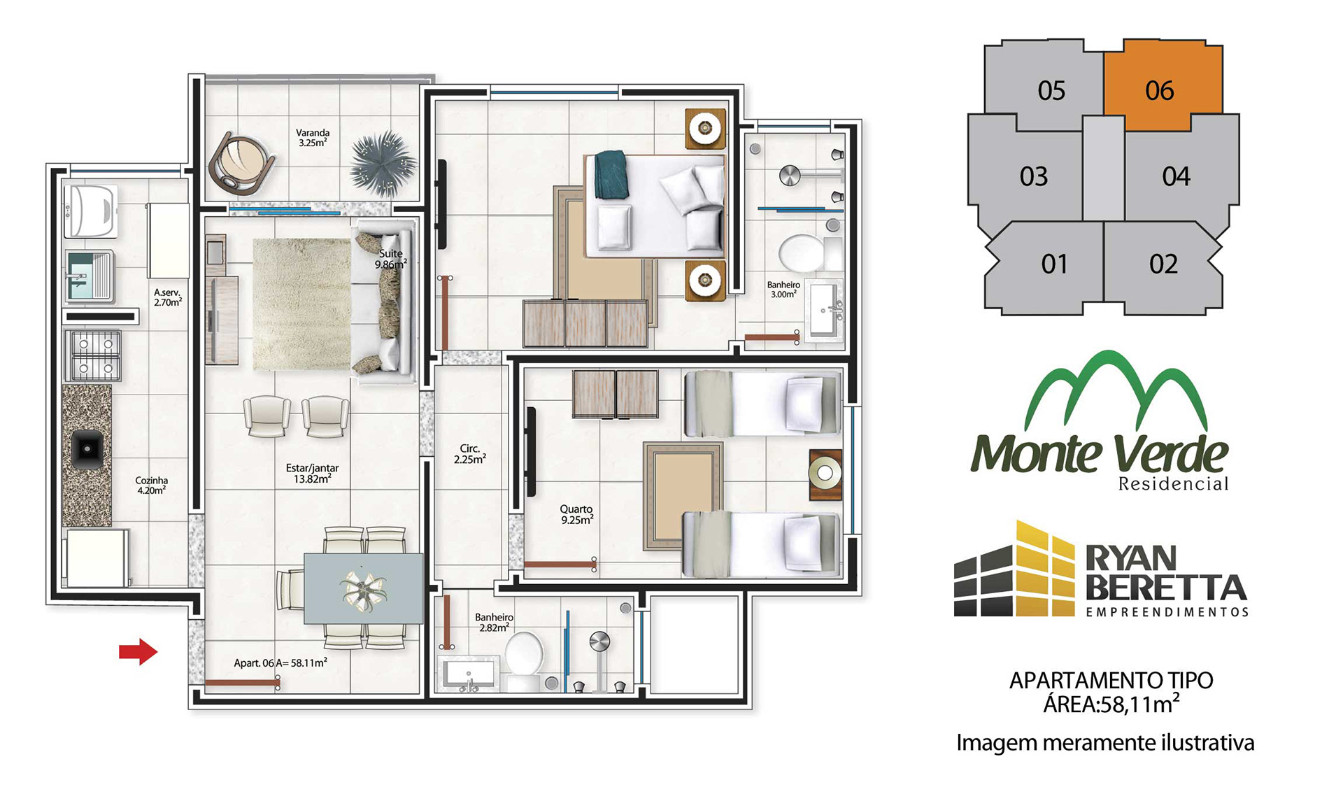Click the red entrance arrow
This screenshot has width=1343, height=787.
click(x=138, y=652)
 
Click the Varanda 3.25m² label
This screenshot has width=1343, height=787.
click(x=313, y=137)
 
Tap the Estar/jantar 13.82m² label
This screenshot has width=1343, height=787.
click(x=312, y=474)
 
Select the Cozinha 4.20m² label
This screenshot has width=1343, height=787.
click(x=151, y=485)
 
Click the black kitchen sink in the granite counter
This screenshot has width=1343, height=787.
click(x=87, y=449)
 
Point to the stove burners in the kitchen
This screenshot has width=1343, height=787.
click(x=93, y=355)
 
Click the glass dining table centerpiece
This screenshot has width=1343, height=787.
click(x=363, y=588)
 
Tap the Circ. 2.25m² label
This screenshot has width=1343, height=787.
click(x=469, y=454)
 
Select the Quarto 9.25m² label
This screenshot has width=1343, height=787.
click(x=576, y=515)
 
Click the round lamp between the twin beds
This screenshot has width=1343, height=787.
click(x=825, y=474)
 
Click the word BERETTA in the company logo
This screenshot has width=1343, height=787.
click(x=1166, y=588)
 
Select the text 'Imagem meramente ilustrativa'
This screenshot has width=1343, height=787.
click(x=1105, y=742)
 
